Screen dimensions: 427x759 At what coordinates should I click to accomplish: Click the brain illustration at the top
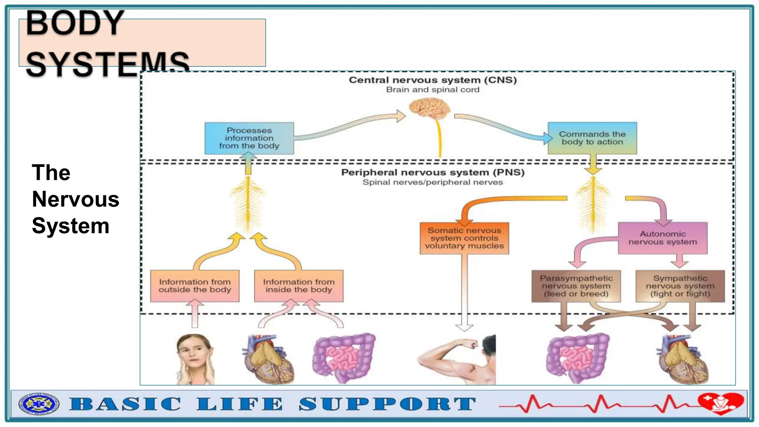[430, 108]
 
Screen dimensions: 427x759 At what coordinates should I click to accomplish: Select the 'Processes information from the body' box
[249, 138]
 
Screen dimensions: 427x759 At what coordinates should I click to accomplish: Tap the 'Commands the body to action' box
[592, 138]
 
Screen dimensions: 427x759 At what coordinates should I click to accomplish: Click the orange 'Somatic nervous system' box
[464, 238]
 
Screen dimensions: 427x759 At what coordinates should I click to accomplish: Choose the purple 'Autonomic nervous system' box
[662, 238]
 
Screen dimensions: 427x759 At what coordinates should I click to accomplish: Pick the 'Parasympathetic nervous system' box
[576, 286]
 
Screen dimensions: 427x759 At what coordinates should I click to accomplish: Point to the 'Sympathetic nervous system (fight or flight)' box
[680, 286]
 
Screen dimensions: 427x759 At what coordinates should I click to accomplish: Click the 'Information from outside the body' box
[195, 286]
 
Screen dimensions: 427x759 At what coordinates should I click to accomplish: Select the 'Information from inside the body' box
[299, 286]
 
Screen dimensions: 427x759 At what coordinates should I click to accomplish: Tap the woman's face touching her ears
[194, 358]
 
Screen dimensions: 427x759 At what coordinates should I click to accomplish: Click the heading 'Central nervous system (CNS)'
[432, 80]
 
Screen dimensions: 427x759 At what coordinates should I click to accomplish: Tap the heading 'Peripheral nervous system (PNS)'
[432, 172]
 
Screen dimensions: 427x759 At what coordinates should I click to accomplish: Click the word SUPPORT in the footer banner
[387, 404]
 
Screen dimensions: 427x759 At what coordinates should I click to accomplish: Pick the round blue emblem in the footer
[39, 404]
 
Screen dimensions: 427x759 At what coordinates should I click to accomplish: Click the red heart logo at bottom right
[720, 403]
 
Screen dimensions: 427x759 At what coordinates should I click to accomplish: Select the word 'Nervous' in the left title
[76, 199]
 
